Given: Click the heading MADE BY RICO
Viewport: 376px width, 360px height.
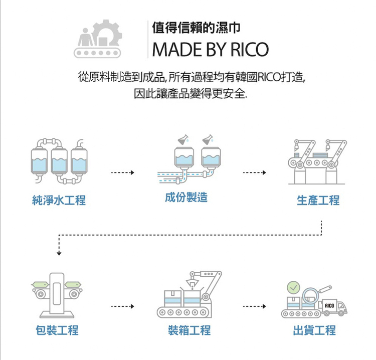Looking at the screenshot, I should tap(210, 49).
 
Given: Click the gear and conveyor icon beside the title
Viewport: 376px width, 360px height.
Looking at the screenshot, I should tap(99, 39).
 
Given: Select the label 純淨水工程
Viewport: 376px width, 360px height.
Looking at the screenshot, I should tap(59, 201).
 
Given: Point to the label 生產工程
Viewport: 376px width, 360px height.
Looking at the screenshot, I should tap(318, 201).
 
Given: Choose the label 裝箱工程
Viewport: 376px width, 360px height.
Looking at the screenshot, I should tap(189, 330).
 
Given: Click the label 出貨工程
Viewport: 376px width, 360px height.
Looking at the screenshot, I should tap(314, 330).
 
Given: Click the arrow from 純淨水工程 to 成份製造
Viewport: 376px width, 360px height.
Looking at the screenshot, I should tap(123, 173).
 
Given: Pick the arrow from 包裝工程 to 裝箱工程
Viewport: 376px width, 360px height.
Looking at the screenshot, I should tap(123, 305).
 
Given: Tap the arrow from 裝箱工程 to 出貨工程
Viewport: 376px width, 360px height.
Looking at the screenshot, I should tap(254, 305).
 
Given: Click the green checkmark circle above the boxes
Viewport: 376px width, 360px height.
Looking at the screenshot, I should tap(293, 287).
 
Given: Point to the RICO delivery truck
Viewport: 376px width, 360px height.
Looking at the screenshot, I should tap(333, 306).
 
